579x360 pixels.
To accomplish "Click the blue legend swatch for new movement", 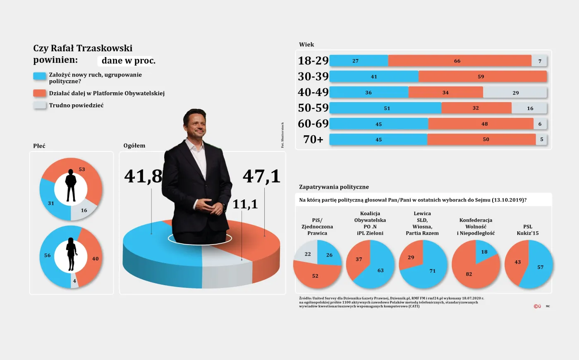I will (x=40, y=76).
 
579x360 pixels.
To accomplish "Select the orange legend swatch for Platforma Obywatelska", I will (x=40, y=93).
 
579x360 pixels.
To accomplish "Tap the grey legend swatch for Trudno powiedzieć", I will (x=40, y=105).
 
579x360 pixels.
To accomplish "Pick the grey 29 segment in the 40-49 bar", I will (x=515, y=92).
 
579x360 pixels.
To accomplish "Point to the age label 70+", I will (x=313, y=139).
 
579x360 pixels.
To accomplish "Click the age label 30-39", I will (x=313, y=77).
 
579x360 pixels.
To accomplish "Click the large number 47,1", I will (x=261, y=176).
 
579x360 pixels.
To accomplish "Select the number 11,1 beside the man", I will (x=245, y=204).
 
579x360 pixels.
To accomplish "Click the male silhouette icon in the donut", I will (x=71, y=186).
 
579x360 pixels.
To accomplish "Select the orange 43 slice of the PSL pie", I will (x=516, y=262).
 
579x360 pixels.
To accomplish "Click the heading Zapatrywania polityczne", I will (x=334, y=187).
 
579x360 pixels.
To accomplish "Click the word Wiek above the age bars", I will (x=306, y=45).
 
